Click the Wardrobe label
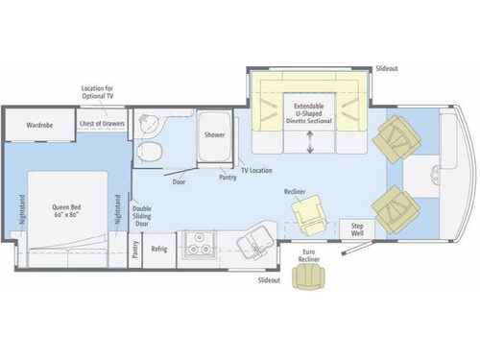(x=39, y=125)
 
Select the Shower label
(x=214, y=135)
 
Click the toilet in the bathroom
(x=150, y=151)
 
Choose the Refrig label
(x=158, y=248)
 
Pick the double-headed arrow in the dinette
(x=310, y=142)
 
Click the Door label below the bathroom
(x=179, y=180)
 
